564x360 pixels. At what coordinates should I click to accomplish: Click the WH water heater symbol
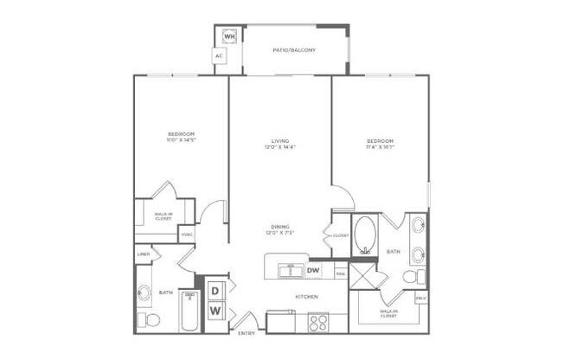230,37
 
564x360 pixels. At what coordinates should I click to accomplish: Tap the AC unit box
220,56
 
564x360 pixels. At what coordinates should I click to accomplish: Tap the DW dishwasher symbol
314,271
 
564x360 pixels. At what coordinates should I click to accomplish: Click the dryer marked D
215,289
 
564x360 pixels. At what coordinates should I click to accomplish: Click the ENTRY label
246,331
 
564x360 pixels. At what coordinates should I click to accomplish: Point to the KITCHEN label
307,298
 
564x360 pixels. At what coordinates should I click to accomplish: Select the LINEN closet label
144,254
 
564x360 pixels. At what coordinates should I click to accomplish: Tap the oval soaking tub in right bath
365,234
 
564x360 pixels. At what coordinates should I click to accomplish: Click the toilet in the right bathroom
412,277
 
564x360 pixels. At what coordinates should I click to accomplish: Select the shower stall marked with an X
365,278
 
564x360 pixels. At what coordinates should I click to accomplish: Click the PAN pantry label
341,274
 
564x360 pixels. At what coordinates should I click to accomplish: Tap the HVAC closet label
186,235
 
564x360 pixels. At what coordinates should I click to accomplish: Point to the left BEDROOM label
181,134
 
